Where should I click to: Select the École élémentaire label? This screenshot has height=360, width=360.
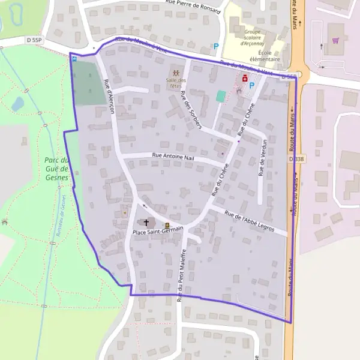click(265, 56)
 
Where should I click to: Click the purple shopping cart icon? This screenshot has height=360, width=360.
click(335, 41)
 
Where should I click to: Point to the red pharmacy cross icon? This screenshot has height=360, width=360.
click(245, 78)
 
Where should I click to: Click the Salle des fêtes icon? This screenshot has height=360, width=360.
click(176, 73)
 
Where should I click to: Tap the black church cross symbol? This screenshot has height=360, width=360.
click(146, 223)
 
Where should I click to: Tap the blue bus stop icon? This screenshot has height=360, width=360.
click(74, 58)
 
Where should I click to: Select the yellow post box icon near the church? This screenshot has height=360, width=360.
click(167, 226)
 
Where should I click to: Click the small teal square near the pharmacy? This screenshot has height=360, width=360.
click(221, 95)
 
